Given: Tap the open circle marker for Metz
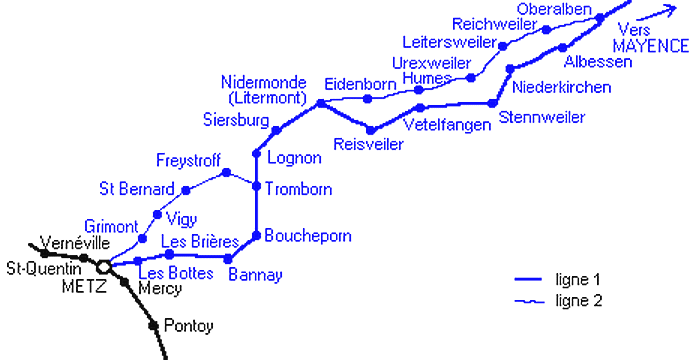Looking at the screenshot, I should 103,267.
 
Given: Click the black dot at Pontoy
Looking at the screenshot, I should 154,324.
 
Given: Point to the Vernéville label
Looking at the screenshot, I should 72,242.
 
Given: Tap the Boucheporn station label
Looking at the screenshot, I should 308,236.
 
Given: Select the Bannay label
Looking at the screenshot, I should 255,274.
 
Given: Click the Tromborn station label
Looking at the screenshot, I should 299,189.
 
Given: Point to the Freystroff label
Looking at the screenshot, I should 187,160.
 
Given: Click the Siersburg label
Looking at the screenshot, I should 236,121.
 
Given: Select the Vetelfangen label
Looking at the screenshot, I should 449,125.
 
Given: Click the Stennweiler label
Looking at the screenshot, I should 542,118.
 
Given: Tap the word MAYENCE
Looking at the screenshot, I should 651,46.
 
